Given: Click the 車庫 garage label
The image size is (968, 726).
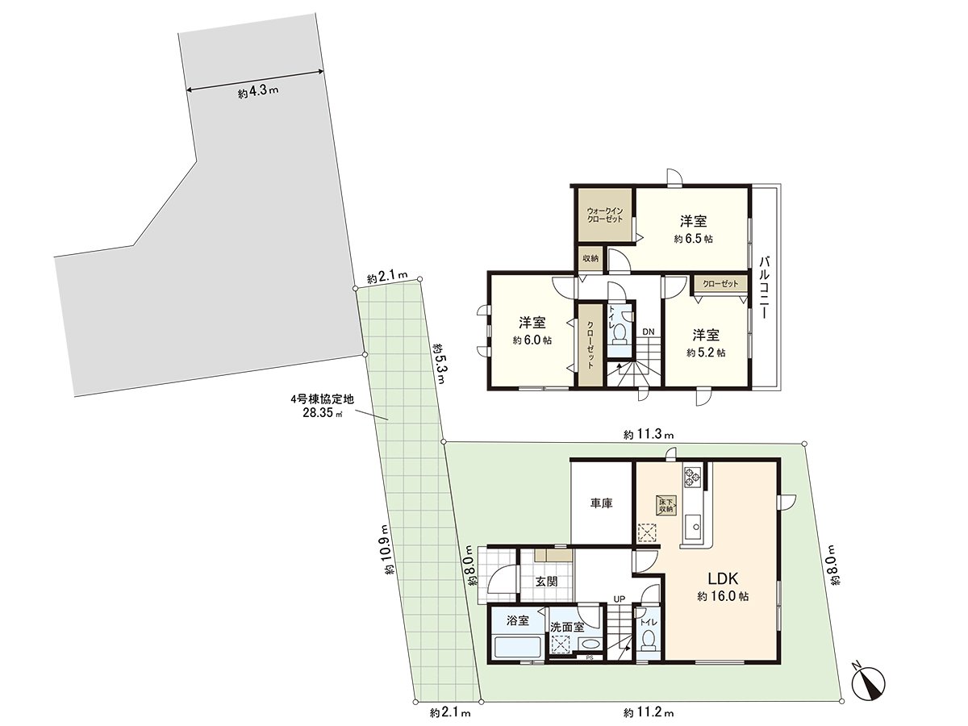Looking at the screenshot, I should point(601,503).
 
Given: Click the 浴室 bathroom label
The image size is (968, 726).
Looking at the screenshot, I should point(518,620).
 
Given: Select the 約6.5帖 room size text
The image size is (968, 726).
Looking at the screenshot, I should point(694,240).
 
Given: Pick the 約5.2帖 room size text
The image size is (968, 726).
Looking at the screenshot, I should point(706,353).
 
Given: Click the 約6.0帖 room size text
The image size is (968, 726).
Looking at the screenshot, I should point(532,340).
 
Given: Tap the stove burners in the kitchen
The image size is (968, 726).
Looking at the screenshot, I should point(693,477).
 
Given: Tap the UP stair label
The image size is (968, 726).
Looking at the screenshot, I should point(619,599).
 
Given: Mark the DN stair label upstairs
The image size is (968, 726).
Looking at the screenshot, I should point(648,332).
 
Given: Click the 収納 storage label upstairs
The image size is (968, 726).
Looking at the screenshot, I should point(590,258).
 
